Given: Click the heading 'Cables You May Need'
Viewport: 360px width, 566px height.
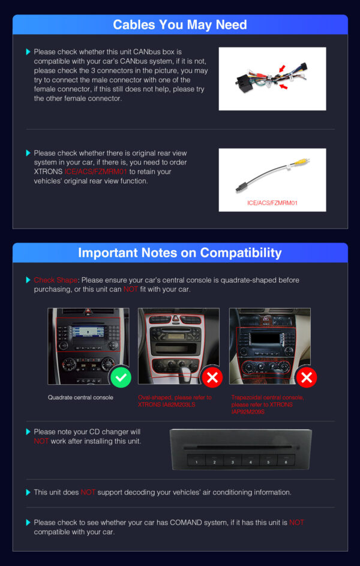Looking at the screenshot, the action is coord(179,25).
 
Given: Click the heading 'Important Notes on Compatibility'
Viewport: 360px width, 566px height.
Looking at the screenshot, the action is coord(179,253).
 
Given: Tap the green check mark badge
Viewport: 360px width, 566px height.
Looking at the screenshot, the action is coord(121,378).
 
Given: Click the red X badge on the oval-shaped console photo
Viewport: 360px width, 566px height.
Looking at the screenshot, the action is coord(212,378).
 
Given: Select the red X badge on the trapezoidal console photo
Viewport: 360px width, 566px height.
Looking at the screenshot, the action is coord(306,378).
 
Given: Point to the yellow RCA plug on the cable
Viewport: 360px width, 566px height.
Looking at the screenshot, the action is coord(301,161).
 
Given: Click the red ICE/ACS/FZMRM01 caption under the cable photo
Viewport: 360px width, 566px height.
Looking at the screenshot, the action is coord(272,203).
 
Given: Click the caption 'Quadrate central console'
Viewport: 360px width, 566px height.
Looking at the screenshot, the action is coord(80,397).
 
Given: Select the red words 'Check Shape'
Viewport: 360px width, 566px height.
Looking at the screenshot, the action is coord(56,280).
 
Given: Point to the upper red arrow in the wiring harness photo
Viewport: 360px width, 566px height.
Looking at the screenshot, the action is coord(282,68).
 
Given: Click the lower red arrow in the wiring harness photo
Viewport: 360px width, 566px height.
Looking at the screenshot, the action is coord(284,86).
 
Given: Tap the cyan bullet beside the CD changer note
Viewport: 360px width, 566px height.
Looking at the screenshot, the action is coord(28,432).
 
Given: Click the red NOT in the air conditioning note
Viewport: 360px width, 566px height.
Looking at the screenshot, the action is coord(88,492).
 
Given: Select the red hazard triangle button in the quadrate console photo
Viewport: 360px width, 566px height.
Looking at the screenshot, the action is coord(88,312).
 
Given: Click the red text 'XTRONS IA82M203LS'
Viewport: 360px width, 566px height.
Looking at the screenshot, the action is coord(167,405).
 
